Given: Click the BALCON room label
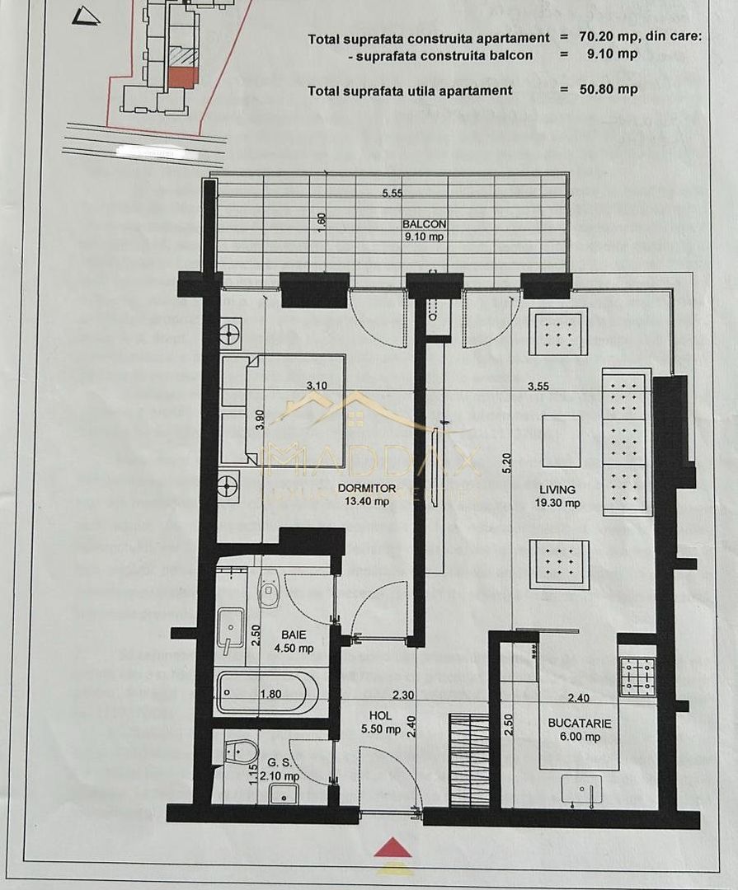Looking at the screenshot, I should [x=425, y=224].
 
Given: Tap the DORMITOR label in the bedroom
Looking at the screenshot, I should [x=367, y=488].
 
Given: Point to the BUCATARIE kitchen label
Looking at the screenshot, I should [x=580, y=723].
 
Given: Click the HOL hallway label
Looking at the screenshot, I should [x=380, y=715].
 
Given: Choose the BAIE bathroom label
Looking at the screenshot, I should [x=291, y=635].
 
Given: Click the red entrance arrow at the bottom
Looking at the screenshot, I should [x=393, y=848].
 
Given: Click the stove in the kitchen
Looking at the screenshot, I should [x=637, y=676].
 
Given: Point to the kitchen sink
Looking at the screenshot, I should [x=581, y=789].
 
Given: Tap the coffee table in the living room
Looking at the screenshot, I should [x=561, y=441].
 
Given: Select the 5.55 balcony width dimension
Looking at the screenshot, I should [x=393, y=194].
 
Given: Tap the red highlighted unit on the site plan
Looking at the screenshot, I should [x=182, y=77].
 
